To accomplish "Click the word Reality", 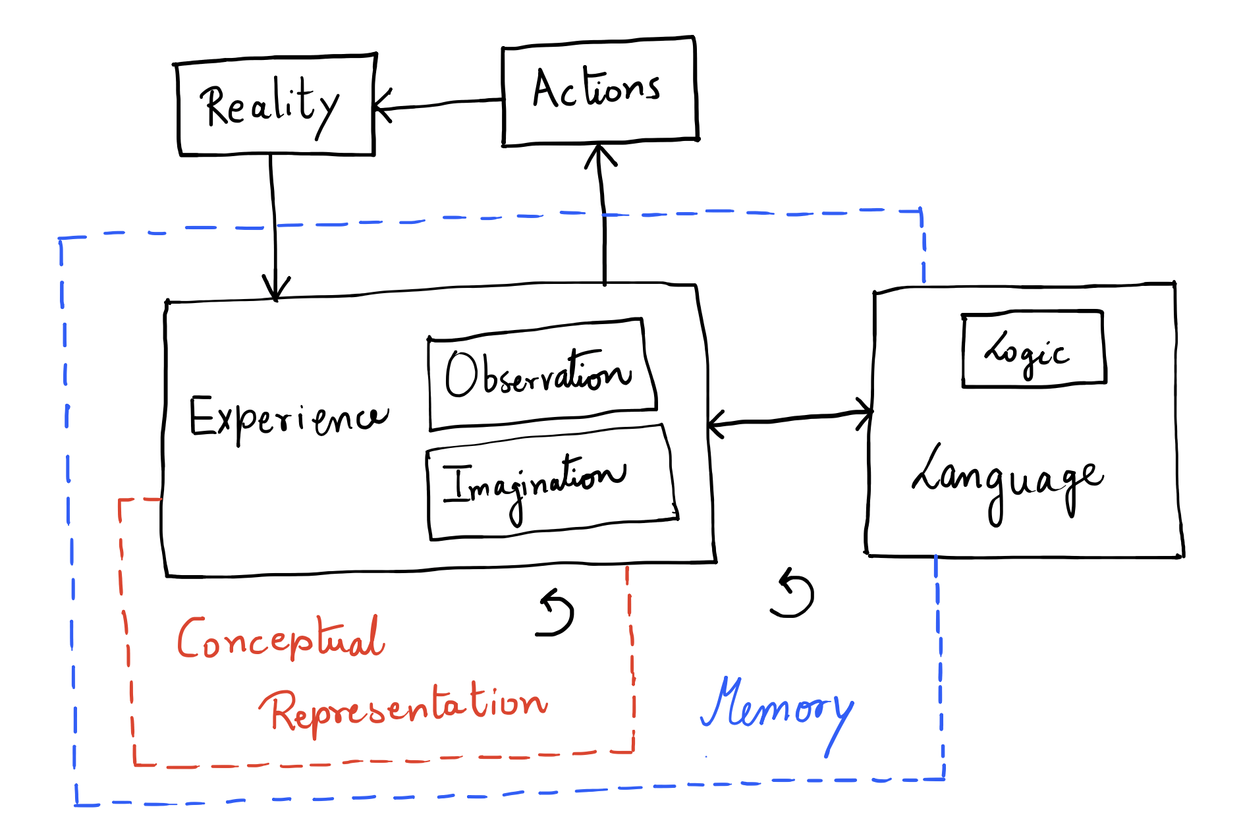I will tap(270, 105).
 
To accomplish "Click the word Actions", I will tap(596, 89).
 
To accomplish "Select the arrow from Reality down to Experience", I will tap(273, 224).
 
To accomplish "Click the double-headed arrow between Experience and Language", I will tap(790, 419).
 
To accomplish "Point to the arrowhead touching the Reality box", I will tap(381, 105).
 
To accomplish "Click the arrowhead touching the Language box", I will tap(864, 412).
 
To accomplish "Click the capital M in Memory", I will tap(725, 704).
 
